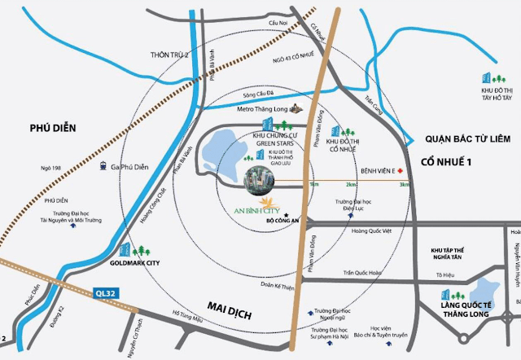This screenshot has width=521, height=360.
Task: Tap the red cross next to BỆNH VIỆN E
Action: click(401, 171)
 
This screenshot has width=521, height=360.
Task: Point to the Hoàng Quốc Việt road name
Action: click(348, 230)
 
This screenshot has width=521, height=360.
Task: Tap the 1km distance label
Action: click(314, 186)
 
